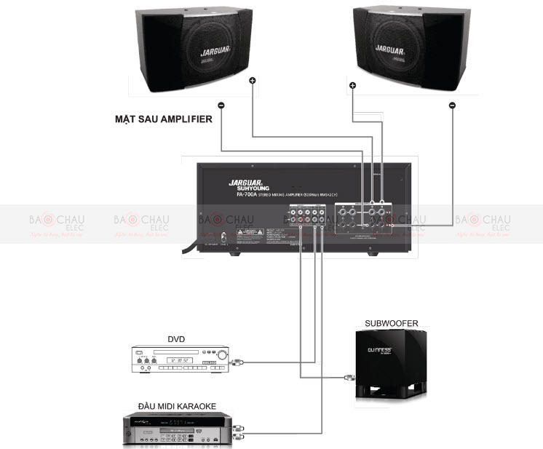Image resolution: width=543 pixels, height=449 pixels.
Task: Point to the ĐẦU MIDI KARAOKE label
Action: point(175,405)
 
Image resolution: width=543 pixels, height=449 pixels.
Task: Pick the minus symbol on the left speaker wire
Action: point(221,106)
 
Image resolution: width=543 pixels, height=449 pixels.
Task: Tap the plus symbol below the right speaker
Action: point(352,86)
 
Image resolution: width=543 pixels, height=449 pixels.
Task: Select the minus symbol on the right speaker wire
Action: point(452,106)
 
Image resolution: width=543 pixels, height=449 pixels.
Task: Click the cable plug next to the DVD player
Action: point(237,362)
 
